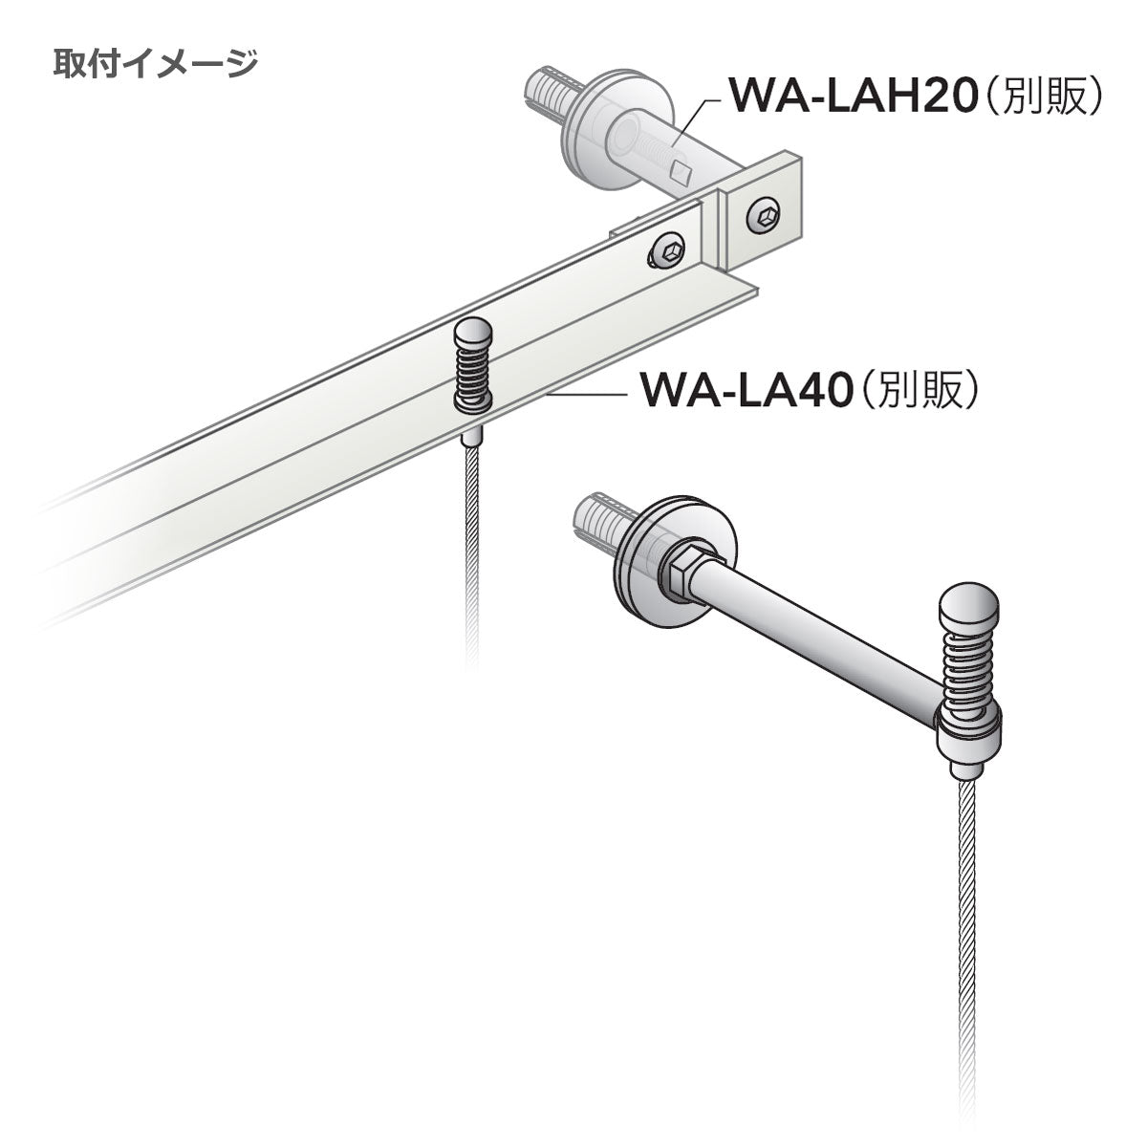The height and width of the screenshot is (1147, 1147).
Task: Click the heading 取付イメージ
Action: click(x=156, y=64)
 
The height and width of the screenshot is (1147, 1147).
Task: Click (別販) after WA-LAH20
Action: click(x=1042, y=97)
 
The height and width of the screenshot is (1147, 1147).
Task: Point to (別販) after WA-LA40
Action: click(x=918, y=391)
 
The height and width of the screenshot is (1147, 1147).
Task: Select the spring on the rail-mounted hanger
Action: click(x=472, y=375)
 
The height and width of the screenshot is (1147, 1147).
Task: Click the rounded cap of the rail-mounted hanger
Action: click(x=472, y=332)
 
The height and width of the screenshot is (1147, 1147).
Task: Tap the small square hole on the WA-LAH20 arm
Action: click(x=680, y=173)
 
